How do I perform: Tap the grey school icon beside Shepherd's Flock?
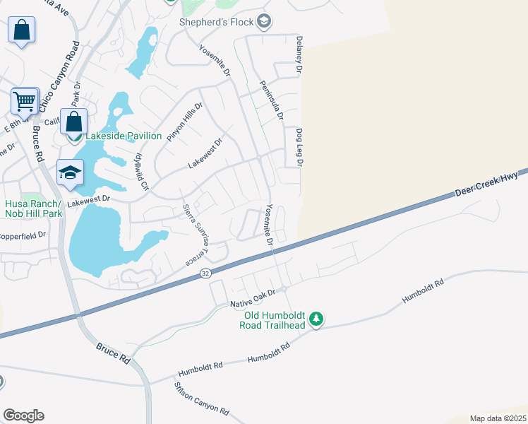tap(264, 21)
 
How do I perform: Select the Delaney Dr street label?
tap(299, 56)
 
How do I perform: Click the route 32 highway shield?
tap(205, 273)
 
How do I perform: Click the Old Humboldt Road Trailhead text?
tap(275, 320)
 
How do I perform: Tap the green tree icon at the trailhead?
tap(317, 320)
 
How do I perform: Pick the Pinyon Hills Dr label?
tap(184, 121)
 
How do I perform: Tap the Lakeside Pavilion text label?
tap(124, 136)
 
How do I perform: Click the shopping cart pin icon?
tap(25, 102)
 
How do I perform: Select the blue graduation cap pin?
tap(71, 173)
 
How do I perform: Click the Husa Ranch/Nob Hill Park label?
tap(33, 208)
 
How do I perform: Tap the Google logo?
tap(23, 416)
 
